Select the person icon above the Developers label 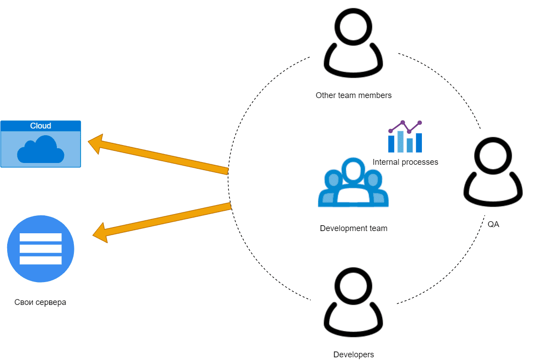pyautogui.click(x=353, y=304)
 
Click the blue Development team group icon pyautogui.click(x=353, y=184)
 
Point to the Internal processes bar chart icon pyautogui.click(x=405, y=137)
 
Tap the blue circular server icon pyautogui.click(x=41, y=249)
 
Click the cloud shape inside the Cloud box pyautogui.click(x=40, y=150)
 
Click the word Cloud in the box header pyautogui.click(x=40, y=126)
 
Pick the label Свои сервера pyautogui.click(x=40, y=302)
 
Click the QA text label pyautogui.click(x=493, y=224)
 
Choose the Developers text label pyautogui.click(x=353, y=355)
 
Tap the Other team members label pyautogui.click(x=353, y=95)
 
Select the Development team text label pyautogui.click(x=353, y=228)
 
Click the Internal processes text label pyautogui.click(x=405, y=162)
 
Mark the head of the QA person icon pyautogui.click(x=493, y=155)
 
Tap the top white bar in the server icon pyautogui.click(x=41, y=237)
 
